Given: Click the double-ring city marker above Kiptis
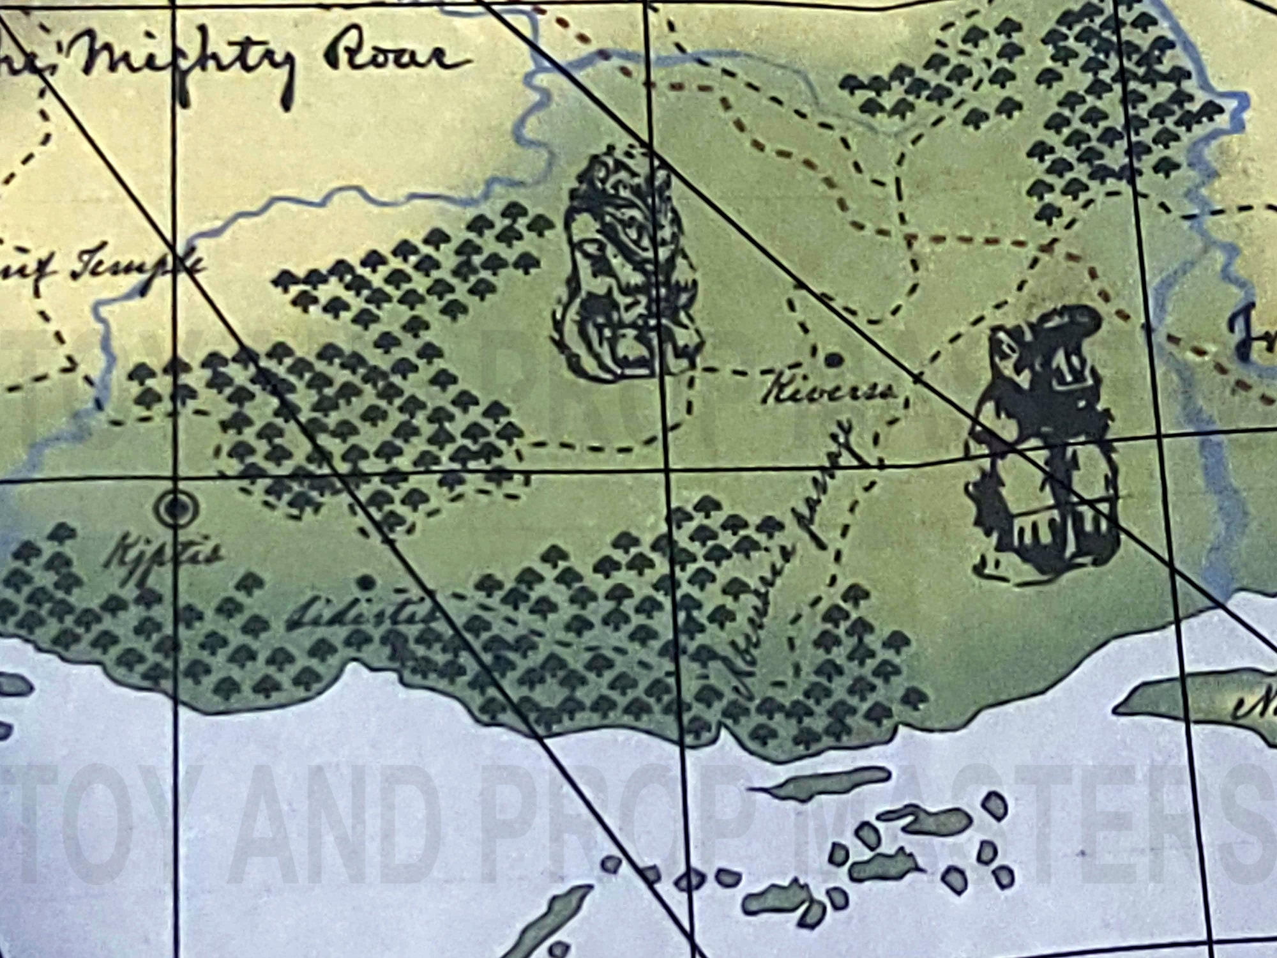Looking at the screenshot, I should click(x=174, y=508).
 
